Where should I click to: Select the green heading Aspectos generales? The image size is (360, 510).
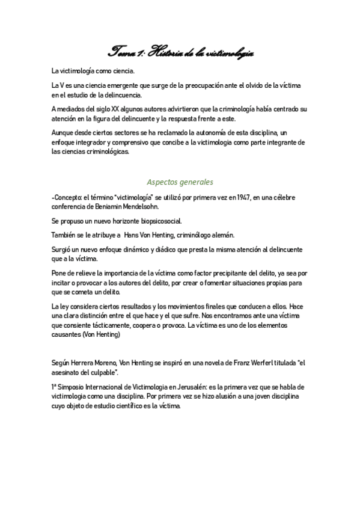point(180,181)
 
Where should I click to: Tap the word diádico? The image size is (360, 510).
point(151,250)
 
